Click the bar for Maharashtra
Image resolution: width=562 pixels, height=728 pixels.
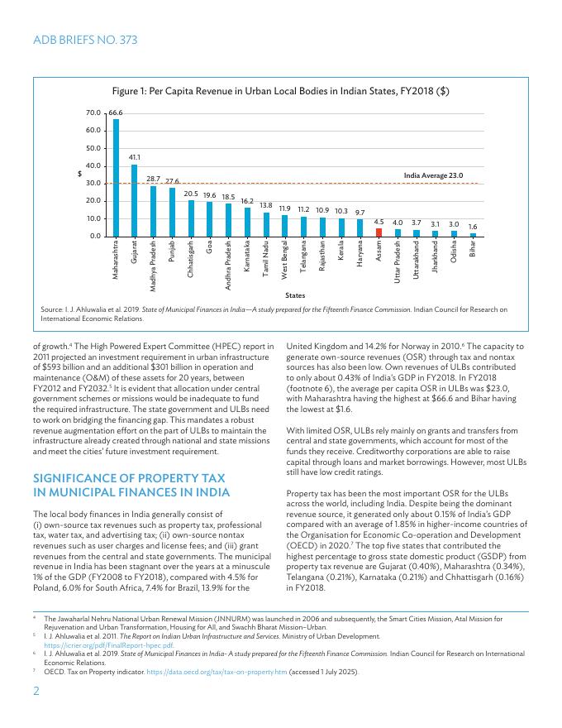(x=116, y=178)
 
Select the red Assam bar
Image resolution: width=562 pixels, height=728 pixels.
(x=379, y=232)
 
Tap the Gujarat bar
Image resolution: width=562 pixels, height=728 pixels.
(x=135, y=200)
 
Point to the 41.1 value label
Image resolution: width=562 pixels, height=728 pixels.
(x=135, y=156)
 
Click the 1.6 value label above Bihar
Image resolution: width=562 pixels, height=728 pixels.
(x=473, y=226)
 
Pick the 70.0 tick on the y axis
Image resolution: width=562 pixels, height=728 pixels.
(x=93, y=112)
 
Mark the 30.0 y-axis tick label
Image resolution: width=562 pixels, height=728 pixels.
(x=93, y=183)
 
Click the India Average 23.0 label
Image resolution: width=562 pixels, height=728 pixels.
(x=433, y=175)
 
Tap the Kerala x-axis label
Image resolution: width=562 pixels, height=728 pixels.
(x=341, y=252)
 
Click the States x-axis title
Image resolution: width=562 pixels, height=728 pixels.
(x=294, y=295)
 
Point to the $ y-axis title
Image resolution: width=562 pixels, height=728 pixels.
(x=79, y=174)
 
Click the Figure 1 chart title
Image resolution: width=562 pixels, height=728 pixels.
(x=281, y=91)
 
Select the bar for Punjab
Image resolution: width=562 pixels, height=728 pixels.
(x=172, y=213)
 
